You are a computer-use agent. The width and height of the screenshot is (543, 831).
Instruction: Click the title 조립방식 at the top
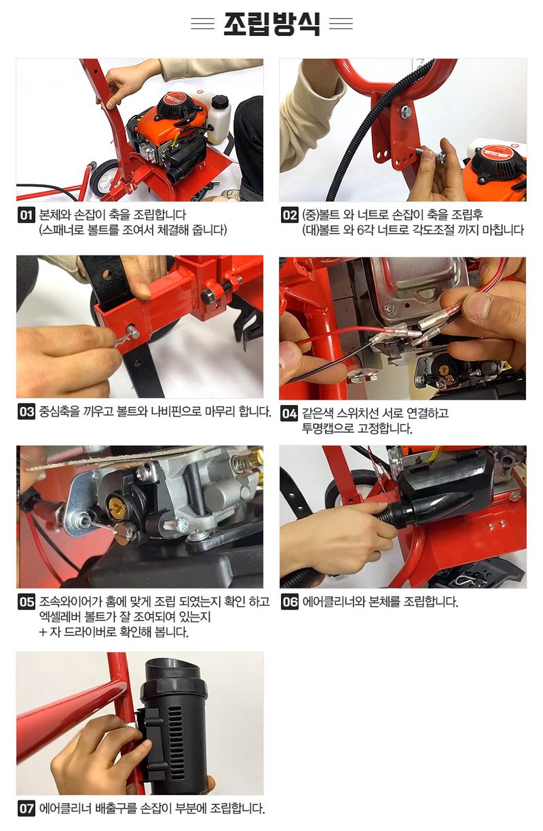(x=271, y=24)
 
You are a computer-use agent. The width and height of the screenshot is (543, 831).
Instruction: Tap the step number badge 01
(x=26, y=215)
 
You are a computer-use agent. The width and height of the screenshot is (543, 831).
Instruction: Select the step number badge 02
(x=290, y=215)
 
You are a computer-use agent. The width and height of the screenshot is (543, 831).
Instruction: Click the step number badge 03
(x=26, y=412)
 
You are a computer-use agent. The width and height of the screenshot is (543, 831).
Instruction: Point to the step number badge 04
(x=289, y=413)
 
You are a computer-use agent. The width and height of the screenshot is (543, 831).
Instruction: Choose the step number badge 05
(x=26, y=602)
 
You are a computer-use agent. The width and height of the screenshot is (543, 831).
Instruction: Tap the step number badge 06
(x=290, y=602)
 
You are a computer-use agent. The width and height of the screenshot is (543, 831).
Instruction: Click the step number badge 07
(x=26, y=809)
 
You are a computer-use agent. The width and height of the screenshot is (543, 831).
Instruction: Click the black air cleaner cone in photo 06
(x=434, y=506)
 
